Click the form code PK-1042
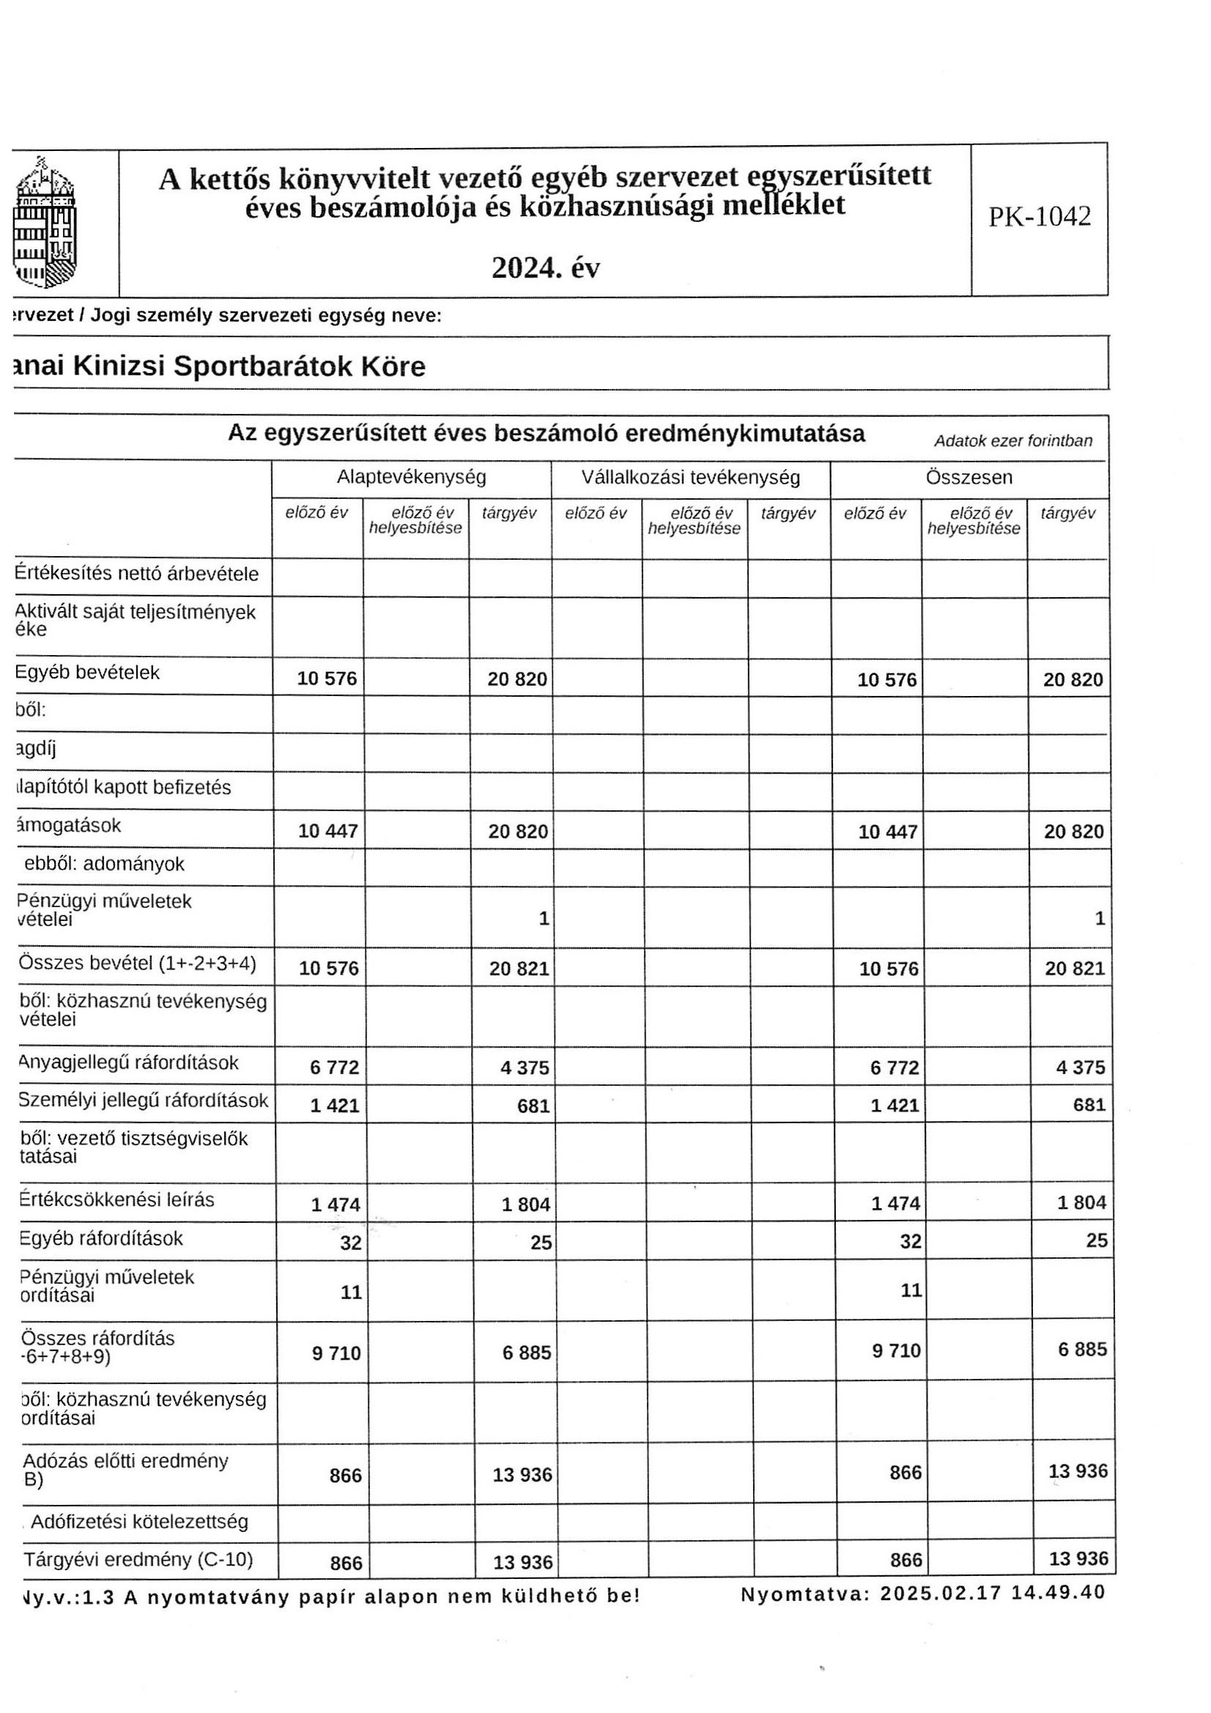[x=1040, y=216]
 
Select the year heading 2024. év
[x=546, y=268]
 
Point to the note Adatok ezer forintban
[x=1012, y=440]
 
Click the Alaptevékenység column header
[x=411, y=477]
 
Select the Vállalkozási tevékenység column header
[x=690, y=477]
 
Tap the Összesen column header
[x=969, y=477]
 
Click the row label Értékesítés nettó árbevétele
[x=137, y=574]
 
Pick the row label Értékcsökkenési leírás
[x=116, y=1199]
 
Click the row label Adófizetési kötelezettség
[x=139, y=1521]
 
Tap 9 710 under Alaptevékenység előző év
[x=336, y=1353]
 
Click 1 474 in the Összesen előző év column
[x=895, y=1202]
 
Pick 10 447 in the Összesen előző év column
[x=887, y=832]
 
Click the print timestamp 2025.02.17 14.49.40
[x=992, y=1592]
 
